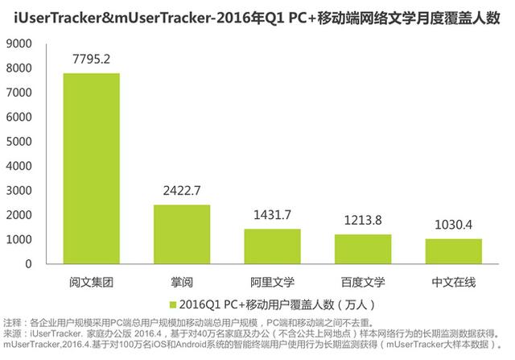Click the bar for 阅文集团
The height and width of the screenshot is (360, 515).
point(91,168)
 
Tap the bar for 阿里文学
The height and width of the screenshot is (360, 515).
point(272,246)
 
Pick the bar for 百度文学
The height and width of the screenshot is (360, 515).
point(363,249)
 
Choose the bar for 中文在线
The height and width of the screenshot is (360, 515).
point(454,251)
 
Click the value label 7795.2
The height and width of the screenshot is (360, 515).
point(91,59)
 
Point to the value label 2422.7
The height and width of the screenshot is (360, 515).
point(182,191)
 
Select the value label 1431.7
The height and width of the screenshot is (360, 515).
point(272,215)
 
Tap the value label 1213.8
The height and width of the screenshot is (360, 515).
point(363,220)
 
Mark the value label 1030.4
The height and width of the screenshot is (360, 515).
point(454,225)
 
